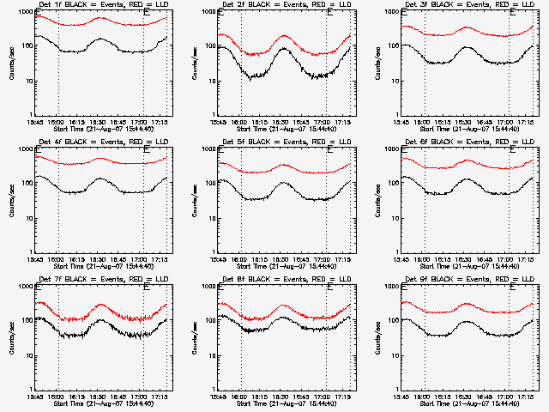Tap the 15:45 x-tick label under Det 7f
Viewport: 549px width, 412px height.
coord(36,397)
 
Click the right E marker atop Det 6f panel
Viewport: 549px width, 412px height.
coord(513,151)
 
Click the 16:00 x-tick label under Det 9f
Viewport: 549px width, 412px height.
coord(424,397)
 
